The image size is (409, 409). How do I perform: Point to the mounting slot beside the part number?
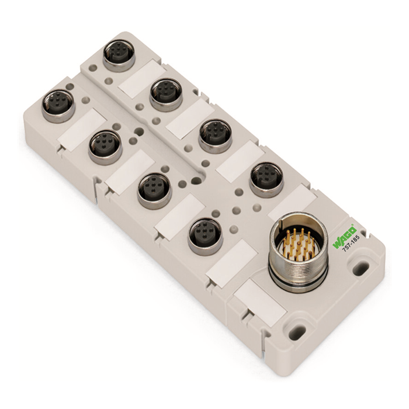coord(361,268)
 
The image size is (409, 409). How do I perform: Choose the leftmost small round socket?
coord(57,106)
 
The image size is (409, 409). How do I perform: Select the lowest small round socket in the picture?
coord(205,235)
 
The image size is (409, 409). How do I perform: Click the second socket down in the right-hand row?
coord(166,93)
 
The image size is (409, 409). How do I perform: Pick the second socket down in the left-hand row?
coord(105,146)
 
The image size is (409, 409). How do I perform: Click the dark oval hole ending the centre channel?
coord(197,180)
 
